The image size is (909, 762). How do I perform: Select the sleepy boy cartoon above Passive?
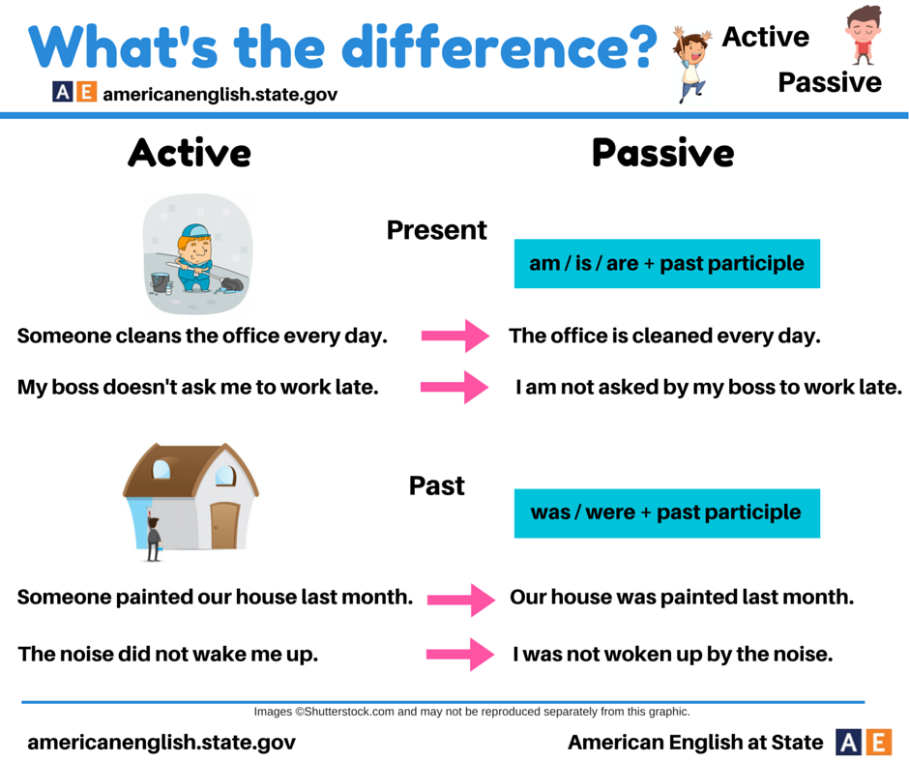(863, 35)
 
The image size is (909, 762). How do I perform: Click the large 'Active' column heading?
(190, 153)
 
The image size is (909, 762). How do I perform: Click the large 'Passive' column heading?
(663, 153)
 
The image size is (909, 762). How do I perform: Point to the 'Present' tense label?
(436, 230)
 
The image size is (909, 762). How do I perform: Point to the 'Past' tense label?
(436, 486)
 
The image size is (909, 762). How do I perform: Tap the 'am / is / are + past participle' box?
(666, 263)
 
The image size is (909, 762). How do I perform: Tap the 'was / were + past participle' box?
(666, 513)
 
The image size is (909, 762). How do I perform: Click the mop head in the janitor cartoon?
(231, 284)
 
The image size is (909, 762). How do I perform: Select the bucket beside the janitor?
(160, 282)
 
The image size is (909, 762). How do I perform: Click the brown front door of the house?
(224, 526)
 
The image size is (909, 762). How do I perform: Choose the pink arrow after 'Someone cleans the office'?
(455, 336)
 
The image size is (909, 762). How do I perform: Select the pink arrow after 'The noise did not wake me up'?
(460, 654)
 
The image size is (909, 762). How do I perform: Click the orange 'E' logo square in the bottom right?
(879, 743)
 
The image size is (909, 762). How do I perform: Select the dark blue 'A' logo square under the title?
(63, 92)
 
